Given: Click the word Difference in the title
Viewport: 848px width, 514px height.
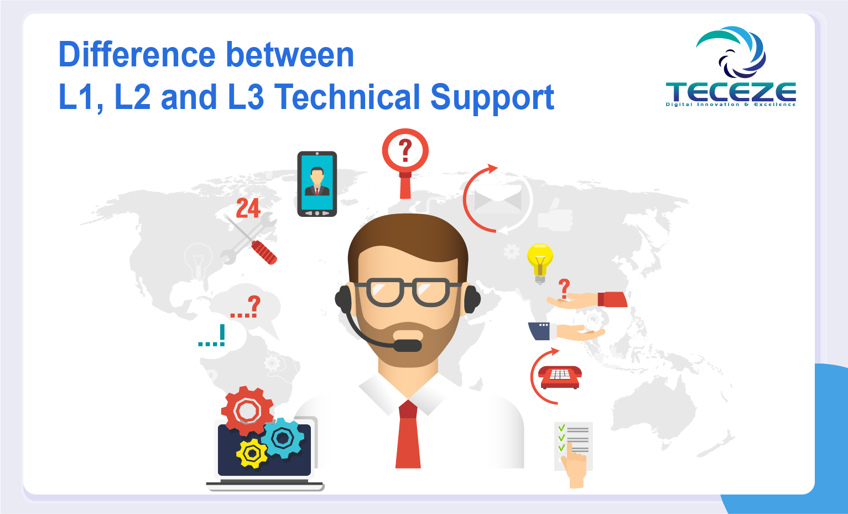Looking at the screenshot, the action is pos(137,55).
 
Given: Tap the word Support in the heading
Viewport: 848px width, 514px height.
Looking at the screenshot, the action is pos(492,98).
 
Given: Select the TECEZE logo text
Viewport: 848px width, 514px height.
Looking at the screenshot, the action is pos(731,92).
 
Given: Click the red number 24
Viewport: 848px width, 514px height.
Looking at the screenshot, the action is pos(248,209).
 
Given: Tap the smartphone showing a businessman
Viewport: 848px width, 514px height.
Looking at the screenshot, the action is pos(317,184).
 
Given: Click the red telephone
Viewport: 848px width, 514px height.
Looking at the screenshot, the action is pos(560,377).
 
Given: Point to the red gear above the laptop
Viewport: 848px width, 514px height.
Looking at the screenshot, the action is pos(248,411).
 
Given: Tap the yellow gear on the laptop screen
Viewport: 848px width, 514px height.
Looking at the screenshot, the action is pos(252,453).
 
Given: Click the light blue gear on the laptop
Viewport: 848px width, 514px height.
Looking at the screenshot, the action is pos(283,438).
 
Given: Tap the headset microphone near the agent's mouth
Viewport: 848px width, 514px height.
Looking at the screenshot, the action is pos(407,345).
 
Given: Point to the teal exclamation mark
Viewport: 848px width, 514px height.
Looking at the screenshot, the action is pos(222,335).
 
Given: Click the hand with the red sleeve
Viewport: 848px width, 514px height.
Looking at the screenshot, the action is pos(587,300).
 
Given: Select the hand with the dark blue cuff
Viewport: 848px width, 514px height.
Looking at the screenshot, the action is pos(566,331).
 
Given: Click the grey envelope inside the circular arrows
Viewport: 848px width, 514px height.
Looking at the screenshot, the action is pos(498,200).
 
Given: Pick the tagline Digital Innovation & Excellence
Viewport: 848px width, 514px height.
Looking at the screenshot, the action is pos(731,105).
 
